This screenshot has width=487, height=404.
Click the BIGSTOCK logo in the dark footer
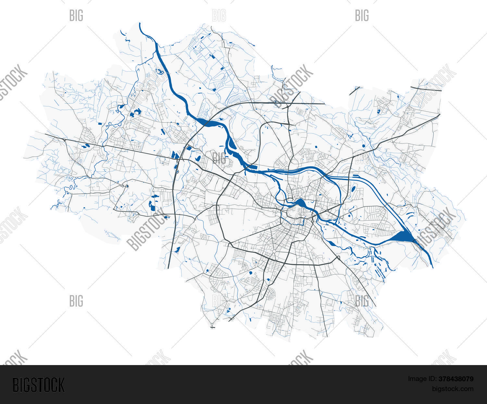pyautogui.click(x=38, y=385)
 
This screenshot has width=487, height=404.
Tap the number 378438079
pyautogui.click(x=456, y=379)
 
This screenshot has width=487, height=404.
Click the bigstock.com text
pyautogui.click(x=452, y=389)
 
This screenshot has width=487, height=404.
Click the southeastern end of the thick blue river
pyautogui.click(x=432, y=267)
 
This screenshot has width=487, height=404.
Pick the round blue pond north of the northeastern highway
pyautogui.click(x=364, y=146)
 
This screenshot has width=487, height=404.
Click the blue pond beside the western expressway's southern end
pyautogui.click(x=178, y=250)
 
